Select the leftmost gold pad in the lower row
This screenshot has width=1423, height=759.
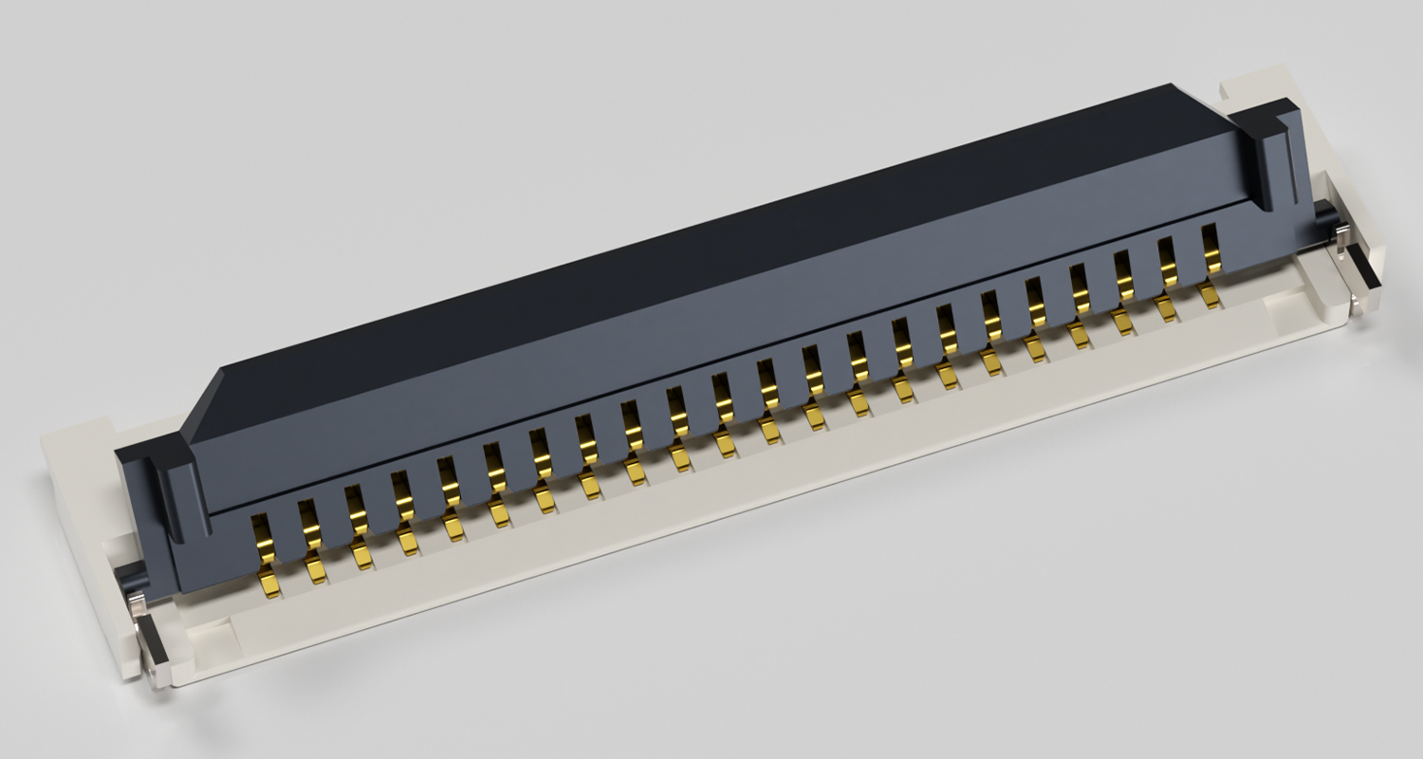point(269,583)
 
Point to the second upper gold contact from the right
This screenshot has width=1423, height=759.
point(1167,258)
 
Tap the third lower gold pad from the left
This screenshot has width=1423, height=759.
point(361,556)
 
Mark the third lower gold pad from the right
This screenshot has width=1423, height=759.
point(1122,323)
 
